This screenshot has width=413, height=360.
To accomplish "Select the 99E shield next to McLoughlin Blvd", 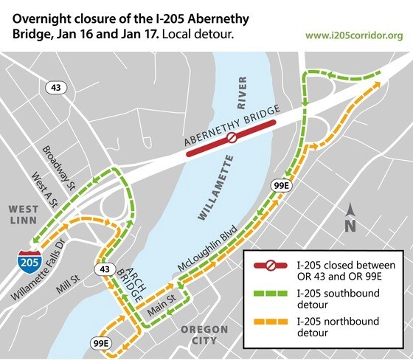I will point(281,185).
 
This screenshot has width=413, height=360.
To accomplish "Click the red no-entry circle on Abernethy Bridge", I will point(231,137).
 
